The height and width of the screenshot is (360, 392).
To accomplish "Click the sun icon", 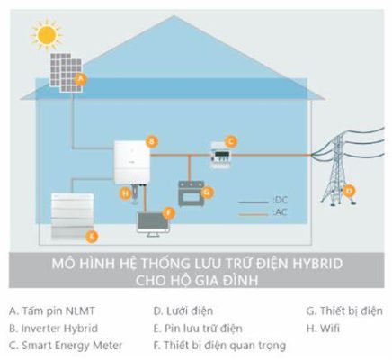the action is pyautogui.click(x=47, y=35).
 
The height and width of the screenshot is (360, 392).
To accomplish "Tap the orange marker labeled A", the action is pyautogui.click(x=80, y=80).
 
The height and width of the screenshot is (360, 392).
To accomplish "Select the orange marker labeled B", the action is pyautogui.click(x=152, y=141).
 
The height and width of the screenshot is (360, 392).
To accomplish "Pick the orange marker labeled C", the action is pyautogui.click(x=231, y=141).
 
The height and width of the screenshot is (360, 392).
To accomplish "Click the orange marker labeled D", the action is pyautogui.click(x=349, y=191).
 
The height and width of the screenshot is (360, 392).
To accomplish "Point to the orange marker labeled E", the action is pyautogui.click(x=92, y=237).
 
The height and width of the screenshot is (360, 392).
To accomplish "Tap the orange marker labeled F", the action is pyautogui.click(x=169, y=213).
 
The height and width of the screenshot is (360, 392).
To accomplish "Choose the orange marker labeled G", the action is pyautogui.click(x=207, y=192).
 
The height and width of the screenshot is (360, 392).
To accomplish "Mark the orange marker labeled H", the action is pyautogui.click(x=126, y=193).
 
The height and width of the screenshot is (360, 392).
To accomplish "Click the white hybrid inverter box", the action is pyautogui.click(x=132, y=162).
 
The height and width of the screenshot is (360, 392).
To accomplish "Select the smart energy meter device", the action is pyautogui.click(x=220, y=156).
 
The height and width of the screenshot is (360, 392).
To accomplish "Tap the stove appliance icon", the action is pyautogui.click(x=192, y=193).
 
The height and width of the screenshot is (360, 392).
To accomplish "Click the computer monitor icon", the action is pyautogui.click(x=153, y=224).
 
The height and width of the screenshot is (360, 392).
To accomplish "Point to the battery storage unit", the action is pyautogui.click(x=72, y=216).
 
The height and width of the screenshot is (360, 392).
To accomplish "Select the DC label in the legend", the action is pyautogui.click(x=281, y=200).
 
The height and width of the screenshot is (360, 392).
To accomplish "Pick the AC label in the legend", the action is pyautogui.click(x=281, y=212).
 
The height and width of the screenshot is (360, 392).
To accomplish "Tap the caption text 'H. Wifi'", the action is pyautogui.click(x=323, y=328).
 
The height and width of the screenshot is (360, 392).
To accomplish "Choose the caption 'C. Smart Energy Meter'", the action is pyautogui.click(x=66, y=346).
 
